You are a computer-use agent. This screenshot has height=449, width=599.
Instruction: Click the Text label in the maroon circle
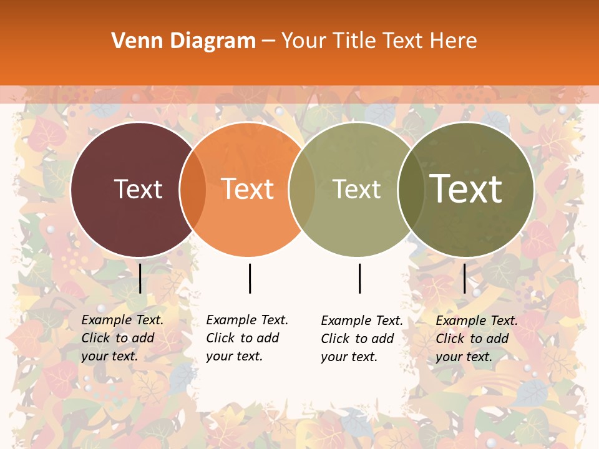tap(138, 189)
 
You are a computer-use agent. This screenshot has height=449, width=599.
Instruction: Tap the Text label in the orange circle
tap(248, 189)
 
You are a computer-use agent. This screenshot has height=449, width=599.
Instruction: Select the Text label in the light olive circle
tap(356, 189)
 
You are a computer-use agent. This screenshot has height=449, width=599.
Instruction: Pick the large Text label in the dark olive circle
tap(466, 189)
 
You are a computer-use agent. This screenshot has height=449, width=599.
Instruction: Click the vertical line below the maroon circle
tap(140, 278)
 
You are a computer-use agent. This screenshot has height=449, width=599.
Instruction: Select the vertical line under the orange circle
tap(250, 278)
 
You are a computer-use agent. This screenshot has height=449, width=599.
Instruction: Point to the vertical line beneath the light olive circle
tap(359, 278)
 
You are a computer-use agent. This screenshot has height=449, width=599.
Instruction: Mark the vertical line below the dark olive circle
tap(464, 278)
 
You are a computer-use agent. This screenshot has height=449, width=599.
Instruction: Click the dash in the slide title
tap(268, 42)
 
